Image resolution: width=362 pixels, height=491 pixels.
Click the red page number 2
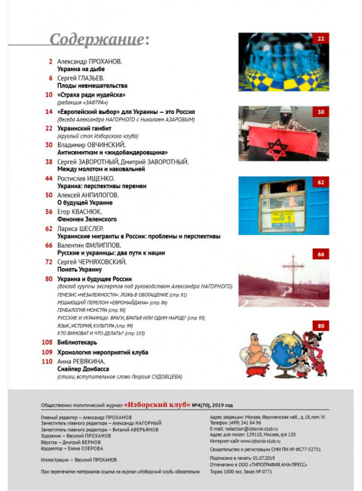point(51,60)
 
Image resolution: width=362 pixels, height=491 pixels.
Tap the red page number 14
point(48,111)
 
